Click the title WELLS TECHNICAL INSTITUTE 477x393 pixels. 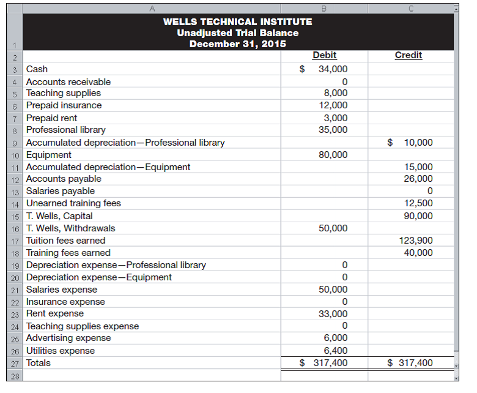(237, 21)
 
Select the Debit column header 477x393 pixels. (324, 55)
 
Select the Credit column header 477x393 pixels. (408, 55)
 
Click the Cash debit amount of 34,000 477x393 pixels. (333, 69)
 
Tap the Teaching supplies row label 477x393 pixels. (64, 93)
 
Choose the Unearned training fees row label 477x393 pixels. (73, 203)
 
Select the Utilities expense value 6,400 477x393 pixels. (335, 351)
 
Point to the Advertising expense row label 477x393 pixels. (68, 338)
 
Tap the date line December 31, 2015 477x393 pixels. (237, 43)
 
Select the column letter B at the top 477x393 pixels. (324, 7)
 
